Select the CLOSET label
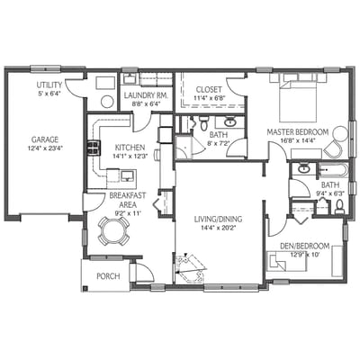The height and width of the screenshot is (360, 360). (209, 90)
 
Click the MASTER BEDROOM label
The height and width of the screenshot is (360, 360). (295, 131)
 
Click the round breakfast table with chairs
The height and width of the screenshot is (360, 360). (114, 233)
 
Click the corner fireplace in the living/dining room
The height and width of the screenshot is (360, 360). (190, 267)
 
